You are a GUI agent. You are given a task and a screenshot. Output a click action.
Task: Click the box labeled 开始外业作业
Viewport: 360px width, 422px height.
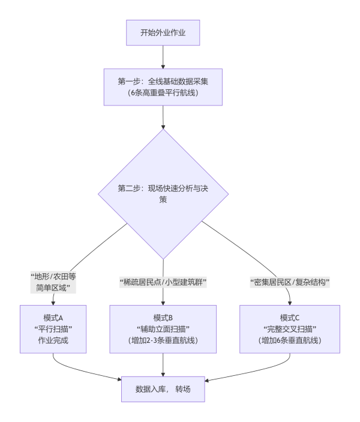point(163,32)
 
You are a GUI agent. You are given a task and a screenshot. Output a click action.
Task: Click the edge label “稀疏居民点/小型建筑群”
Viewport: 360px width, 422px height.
point(163,282)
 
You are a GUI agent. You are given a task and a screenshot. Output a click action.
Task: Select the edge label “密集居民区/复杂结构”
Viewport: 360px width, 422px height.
point(290,282)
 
